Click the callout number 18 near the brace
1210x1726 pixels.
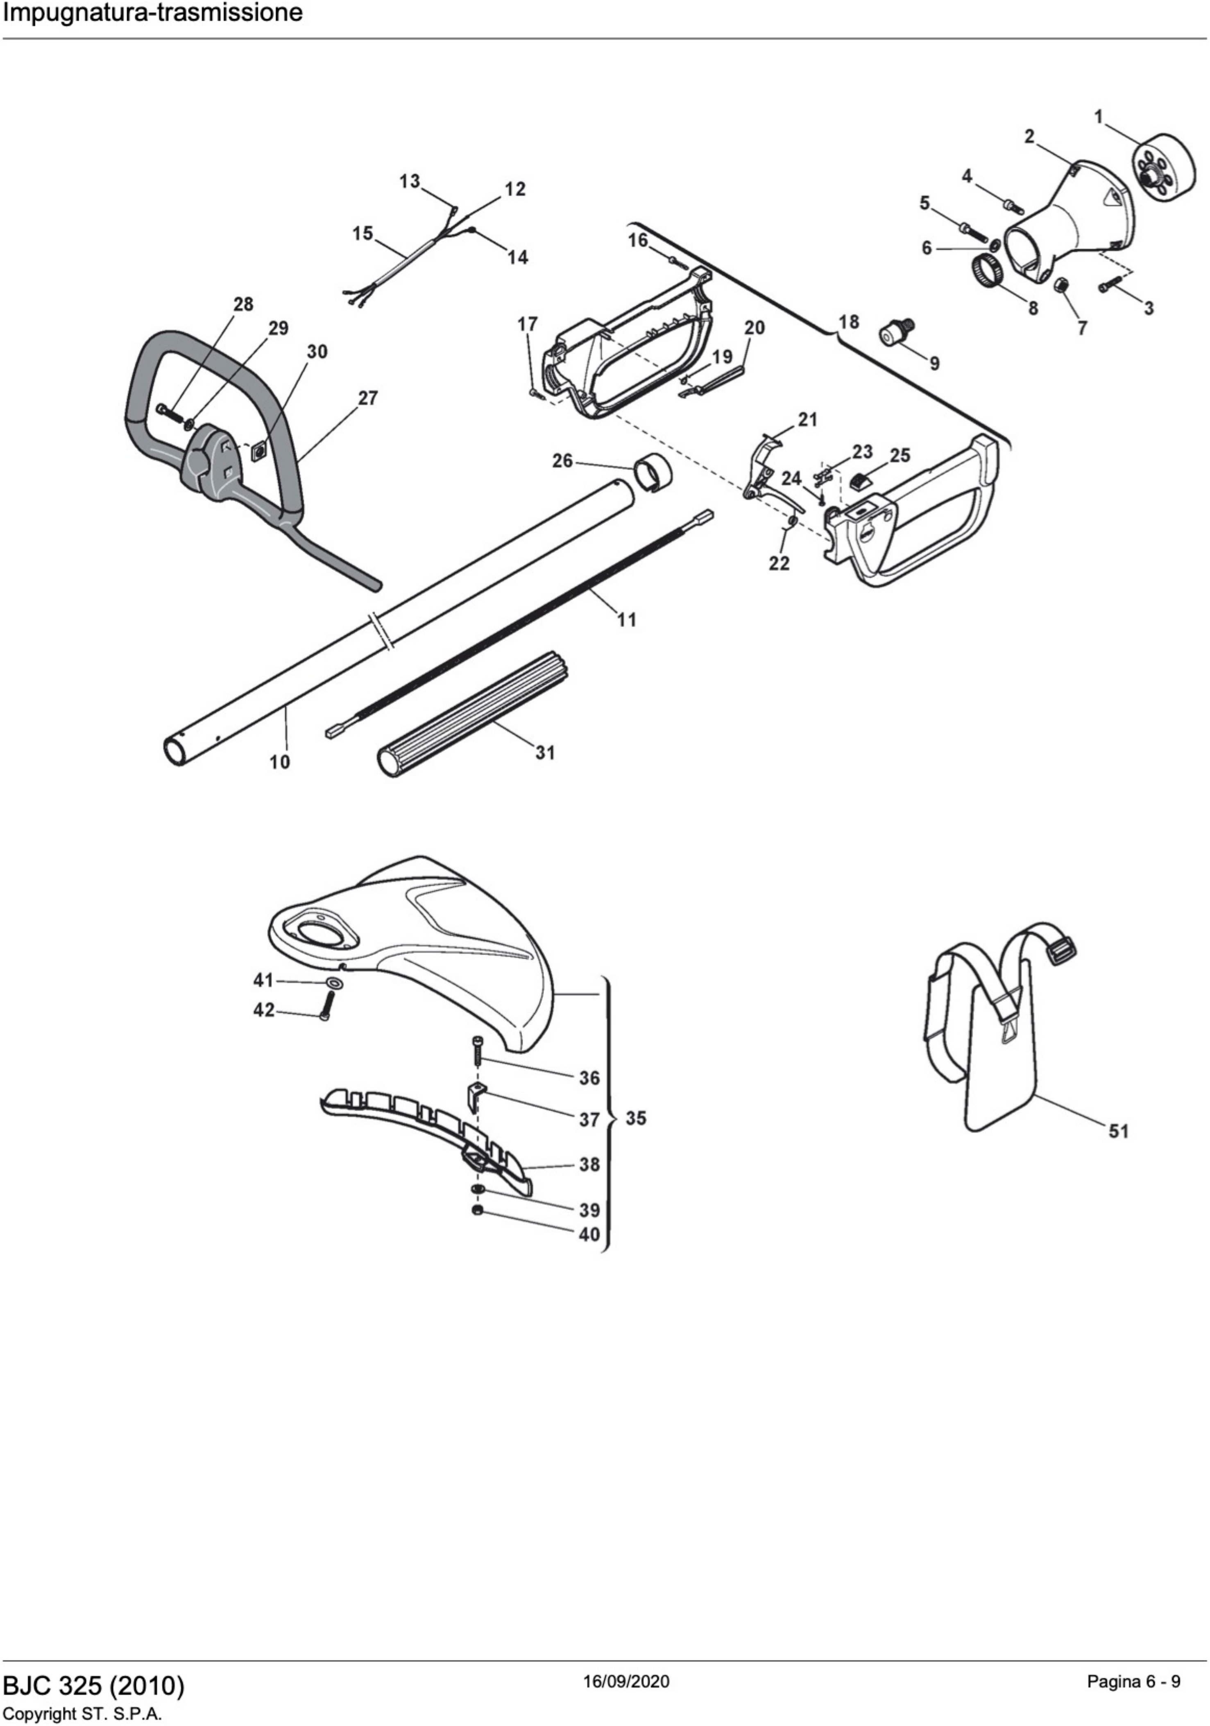(848, 322)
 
